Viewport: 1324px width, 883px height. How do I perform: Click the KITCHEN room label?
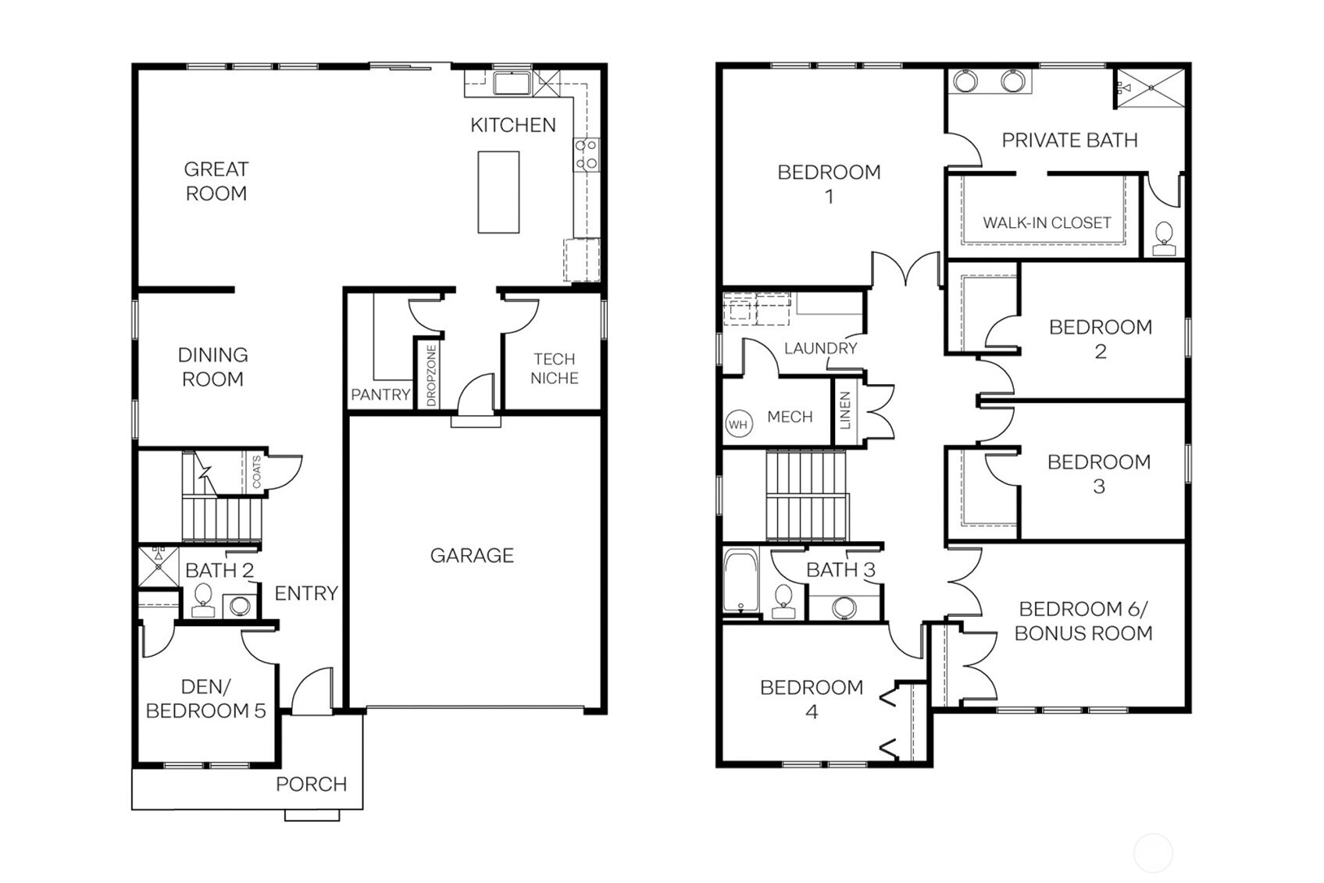pyautogui.click(x=512, y=125)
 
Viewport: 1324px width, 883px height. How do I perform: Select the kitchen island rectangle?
pyautogui.click(x=498, y=192)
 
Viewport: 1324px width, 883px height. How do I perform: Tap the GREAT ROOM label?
pyautogui.click(x=216, y=181)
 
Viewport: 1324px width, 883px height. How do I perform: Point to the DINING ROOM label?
pyautogui.click(x=212, y=367)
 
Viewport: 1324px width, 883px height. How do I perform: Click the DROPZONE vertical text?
pyautogui.click(x=431, y=376)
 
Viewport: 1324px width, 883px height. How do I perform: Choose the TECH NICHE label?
pyautogui.click(x=554, y=369)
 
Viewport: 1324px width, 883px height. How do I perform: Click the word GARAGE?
pyautogui.click(x=472, y=556)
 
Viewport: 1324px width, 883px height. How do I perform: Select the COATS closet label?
pyautogui.click(x=257, y=472)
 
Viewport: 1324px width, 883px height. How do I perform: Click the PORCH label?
pyautogui.click(x=311, y=784)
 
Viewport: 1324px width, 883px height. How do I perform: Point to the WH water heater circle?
pyautogui.click(x=738, y=425)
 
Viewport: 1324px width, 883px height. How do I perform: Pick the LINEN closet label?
pyautogui.click(x=844, y=411)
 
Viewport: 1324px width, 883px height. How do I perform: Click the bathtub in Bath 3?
pyautogui.click(x=739, y=580)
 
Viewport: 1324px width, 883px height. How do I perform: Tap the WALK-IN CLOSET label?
pyautogui.click(x=1046, y=223)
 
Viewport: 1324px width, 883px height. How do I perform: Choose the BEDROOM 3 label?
pyautogui.click(x=1098, y=474)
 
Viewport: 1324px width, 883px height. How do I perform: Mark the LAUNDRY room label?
pyautogui.click(x=820, y=348)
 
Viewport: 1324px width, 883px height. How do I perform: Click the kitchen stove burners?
pyautogui.click(x=586, y=154)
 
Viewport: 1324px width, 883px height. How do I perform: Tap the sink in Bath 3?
pyautogui.click(x=843, y=607)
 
